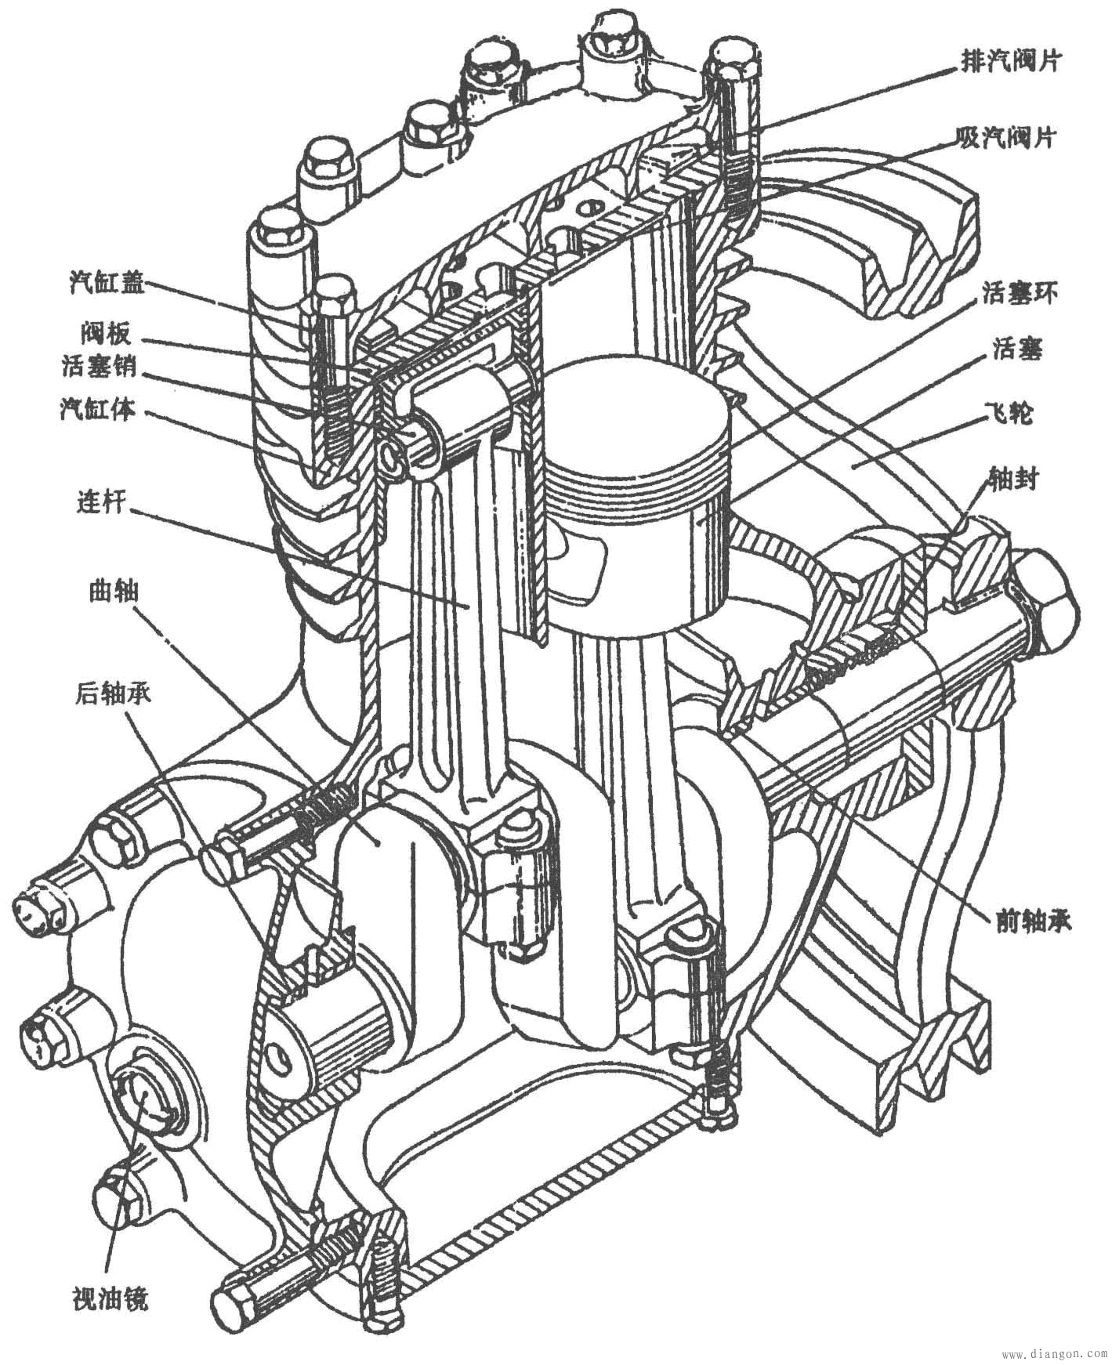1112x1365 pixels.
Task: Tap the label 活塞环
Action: point(1018,294)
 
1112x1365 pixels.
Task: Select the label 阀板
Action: point(104,334)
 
